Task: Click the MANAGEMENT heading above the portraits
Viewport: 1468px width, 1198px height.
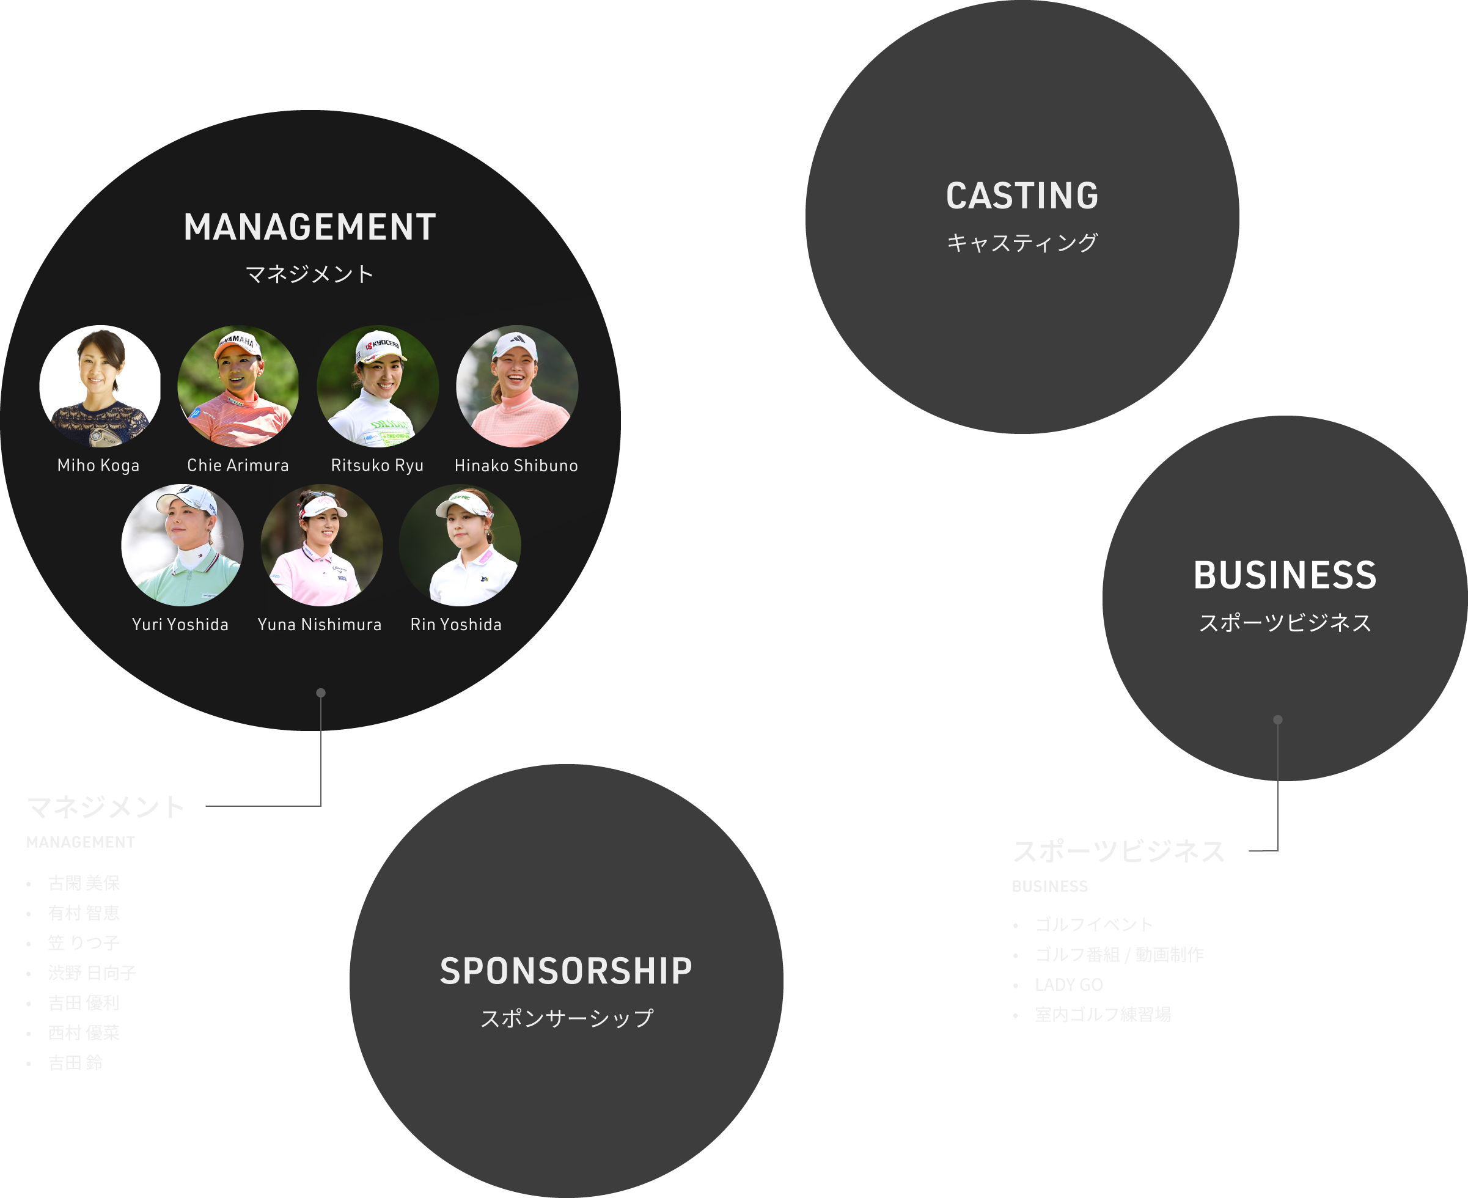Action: click(x=310, y=227)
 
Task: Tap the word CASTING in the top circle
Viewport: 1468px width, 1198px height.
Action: click(x=1022, y=196)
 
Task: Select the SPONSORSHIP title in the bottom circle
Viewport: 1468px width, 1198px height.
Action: click(x=566, y=971)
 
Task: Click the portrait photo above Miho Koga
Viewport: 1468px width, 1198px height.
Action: click(x=100, y=386)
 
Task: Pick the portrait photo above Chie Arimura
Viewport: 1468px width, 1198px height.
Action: click(x=238, y=386)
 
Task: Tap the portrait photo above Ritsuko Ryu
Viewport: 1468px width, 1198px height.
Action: click(x=377, y=386)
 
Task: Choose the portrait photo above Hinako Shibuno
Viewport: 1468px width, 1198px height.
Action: click(x=516, y=386)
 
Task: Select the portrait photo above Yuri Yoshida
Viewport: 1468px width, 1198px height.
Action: click(x=182, y=545)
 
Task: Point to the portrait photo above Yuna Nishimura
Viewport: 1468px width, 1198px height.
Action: click(x=321, y=545)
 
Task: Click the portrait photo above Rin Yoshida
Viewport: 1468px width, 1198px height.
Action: click(x=460, y=545)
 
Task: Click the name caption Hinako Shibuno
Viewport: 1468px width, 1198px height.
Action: click(x=516, y=466)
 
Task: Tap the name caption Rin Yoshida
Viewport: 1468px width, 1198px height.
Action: click(x=456, y=625)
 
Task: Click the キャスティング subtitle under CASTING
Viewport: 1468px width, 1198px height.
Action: click(x=1022, y=243)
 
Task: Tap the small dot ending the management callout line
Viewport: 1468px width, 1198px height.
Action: click(x=321, y=693)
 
